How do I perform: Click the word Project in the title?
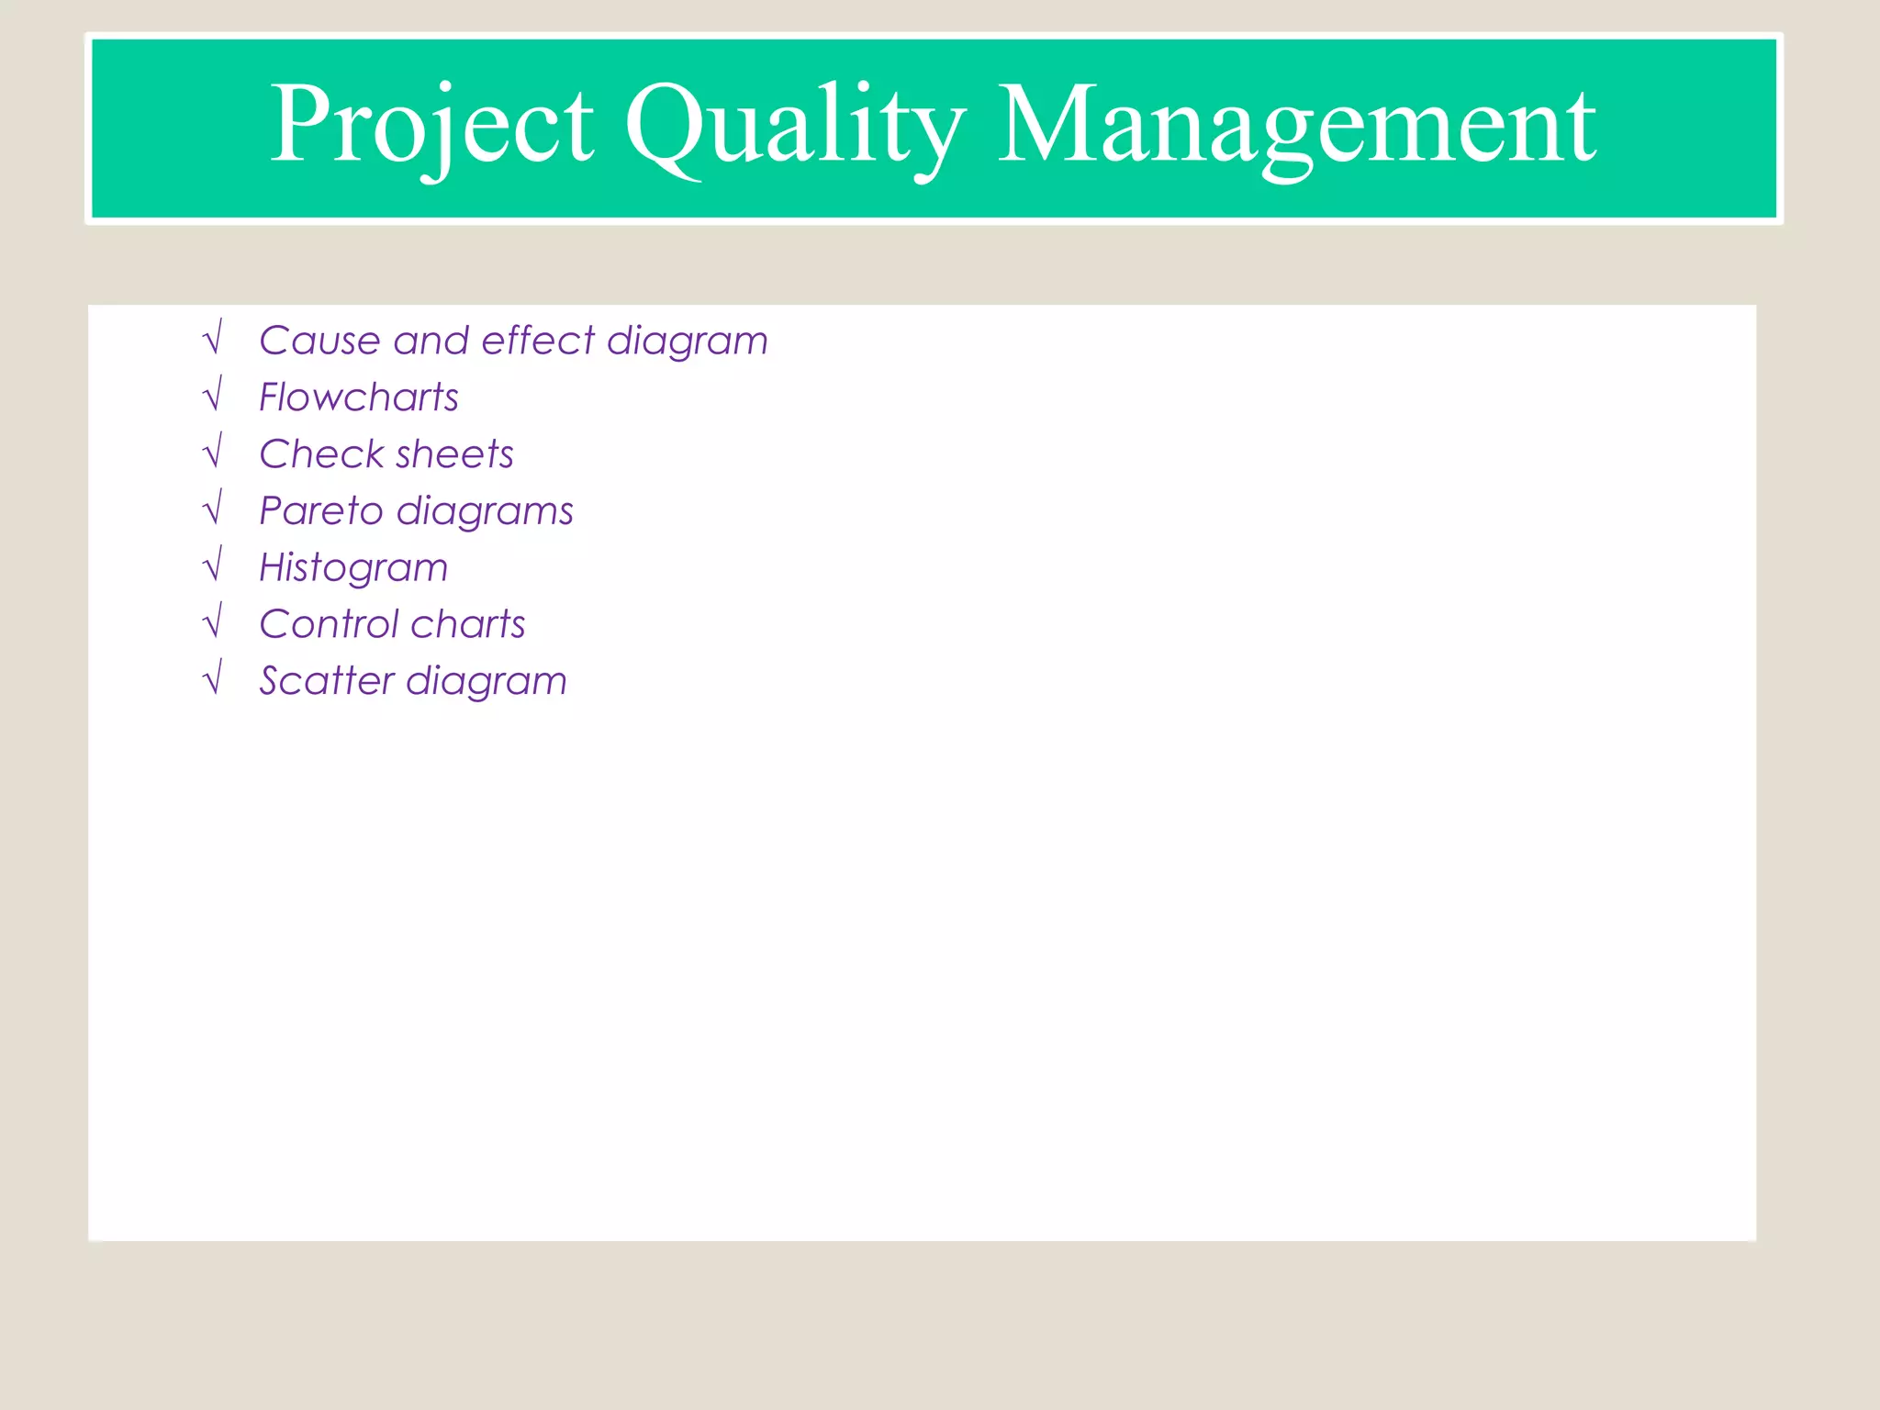click(431, 126)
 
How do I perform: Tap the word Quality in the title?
click(795, 126)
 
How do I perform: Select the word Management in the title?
click(1296, 126)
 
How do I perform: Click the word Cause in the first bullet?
click(319, 341)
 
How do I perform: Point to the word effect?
click(538, 341)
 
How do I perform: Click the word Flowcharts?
click(359, 397)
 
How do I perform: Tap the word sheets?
click(455, 454)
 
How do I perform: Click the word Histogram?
click(354, 568)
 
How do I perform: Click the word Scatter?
click(327, 681)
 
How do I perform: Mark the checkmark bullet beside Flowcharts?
click(213, 395)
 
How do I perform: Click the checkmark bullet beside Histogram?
click(213, 565)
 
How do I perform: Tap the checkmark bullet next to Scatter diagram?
click(213, 679)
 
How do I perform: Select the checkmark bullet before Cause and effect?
click(213, 338)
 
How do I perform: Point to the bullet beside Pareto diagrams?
click(213, 509)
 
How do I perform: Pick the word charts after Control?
click(468, 624)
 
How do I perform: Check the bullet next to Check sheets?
click(213, 452)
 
